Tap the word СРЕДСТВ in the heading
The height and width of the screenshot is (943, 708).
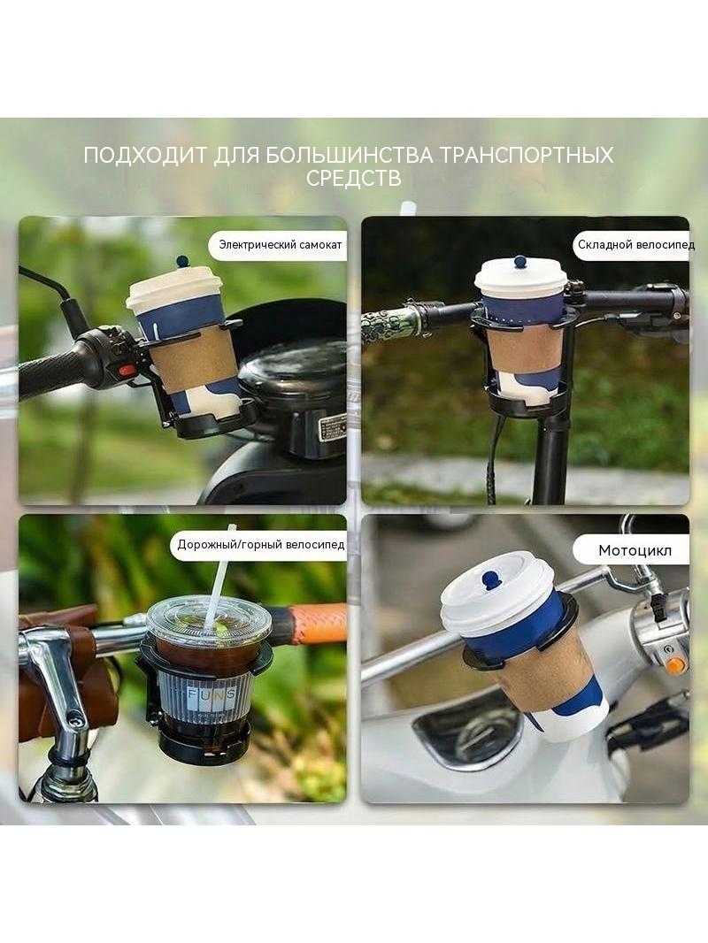point(354,179)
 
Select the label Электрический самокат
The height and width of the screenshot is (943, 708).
point(281,245)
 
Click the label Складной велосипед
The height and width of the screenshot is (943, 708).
point(635,245)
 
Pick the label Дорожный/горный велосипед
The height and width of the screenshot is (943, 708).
point(260,545)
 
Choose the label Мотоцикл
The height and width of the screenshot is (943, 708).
point(635,550)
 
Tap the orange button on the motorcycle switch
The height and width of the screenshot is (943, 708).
point(675,665)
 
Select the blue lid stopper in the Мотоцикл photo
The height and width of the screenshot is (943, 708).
point(492,580)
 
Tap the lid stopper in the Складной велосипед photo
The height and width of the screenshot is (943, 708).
point(520,263)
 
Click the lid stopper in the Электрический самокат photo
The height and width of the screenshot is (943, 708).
point(182,261)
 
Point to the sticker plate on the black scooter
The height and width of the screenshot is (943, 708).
point(332,426)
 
